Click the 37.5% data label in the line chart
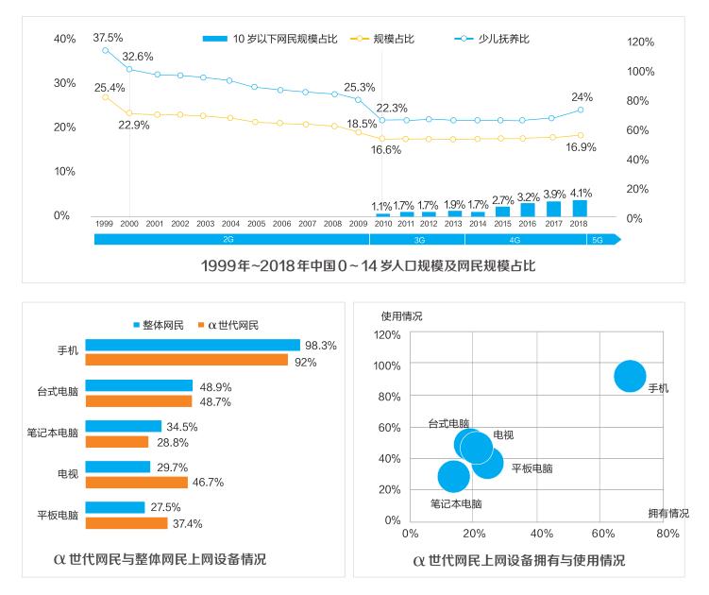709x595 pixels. pos(108,38)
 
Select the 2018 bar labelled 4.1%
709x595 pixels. pos(580,209)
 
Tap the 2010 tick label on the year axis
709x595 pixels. pos(381,224)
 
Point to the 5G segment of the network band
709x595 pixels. pos(597,240)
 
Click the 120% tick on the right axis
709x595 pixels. pos(640,42)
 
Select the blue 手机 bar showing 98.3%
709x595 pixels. pos(192,345)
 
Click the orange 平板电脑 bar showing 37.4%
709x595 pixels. pos(126,522)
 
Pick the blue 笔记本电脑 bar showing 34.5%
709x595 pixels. pos(123,426)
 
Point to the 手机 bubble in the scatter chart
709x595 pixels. pos(630,376)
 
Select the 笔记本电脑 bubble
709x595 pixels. pos(454,476)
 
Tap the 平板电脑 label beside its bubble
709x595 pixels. pos(532,467)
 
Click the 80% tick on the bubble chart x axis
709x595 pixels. pos(667,534)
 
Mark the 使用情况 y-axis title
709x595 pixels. pos(401,315)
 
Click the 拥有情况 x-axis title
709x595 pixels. pos(668,513)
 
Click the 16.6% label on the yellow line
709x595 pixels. pos(385,150)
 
